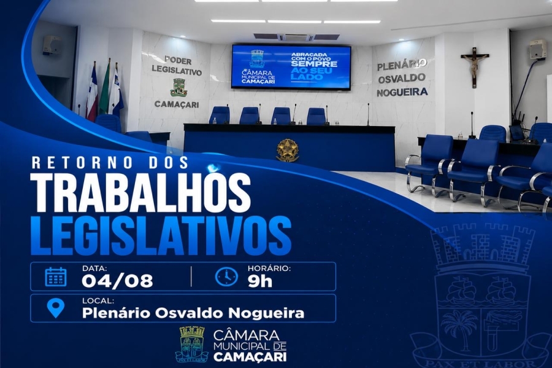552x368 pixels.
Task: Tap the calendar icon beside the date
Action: pyautogui.click(x=56, y=276)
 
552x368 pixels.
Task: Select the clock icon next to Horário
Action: pyautogui.click(x=226, y=276)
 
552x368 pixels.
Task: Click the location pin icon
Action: pyautogui.click(x=56, y=308)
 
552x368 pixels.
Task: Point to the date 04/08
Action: pyautogui.click(x=117, y=281)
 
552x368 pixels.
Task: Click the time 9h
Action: pyautogui.click(x=260, y=281)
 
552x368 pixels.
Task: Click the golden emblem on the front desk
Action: pyautogui.click(x=288, y=151)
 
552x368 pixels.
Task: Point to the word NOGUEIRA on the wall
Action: pyautogui.click(x=402, y=92)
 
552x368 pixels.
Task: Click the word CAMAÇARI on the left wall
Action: pyautogui.click(x=177, y=104)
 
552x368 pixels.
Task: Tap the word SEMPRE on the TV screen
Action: pyautogui.click(x=314, y=64)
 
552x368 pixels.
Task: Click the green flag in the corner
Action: pyautogui.click(x=104, y=90)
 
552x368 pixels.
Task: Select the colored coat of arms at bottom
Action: pyautogui.click(x=192, y=344)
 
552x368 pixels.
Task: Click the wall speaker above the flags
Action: pyautogui.click(x=52, y=45)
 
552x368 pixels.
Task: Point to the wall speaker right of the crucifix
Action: pyautogui.click(x=537, y=50)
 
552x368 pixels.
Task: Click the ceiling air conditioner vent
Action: pyautogui.click(x=296, y=37)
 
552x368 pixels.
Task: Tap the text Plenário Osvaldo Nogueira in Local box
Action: pyautogui.click(x=193, y=313)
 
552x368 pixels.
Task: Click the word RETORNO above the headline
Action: pyautogui.click(x=82, y=163)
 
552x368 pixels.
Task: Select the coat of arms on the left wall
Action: pyautogui.click(x=179, y=87)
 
